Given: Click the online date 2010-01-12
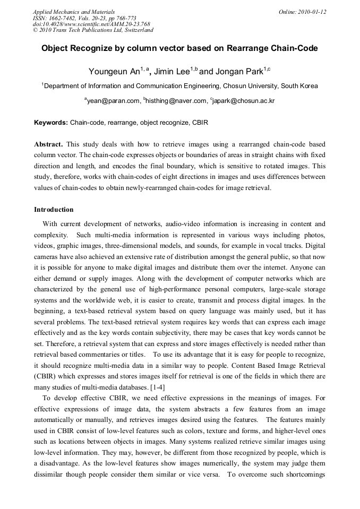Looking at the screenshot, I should [313, 12].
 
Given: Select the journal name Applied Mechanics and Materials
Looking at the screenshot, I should [74, 12].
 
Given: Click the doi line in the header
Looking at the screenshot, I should [91, 24].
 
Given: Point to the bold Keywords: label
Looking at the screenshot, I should [51, 123].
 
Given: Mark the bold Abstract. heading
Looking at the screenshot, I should [49, 144].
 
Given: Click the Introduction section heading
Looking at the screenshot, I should [54, 210].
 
